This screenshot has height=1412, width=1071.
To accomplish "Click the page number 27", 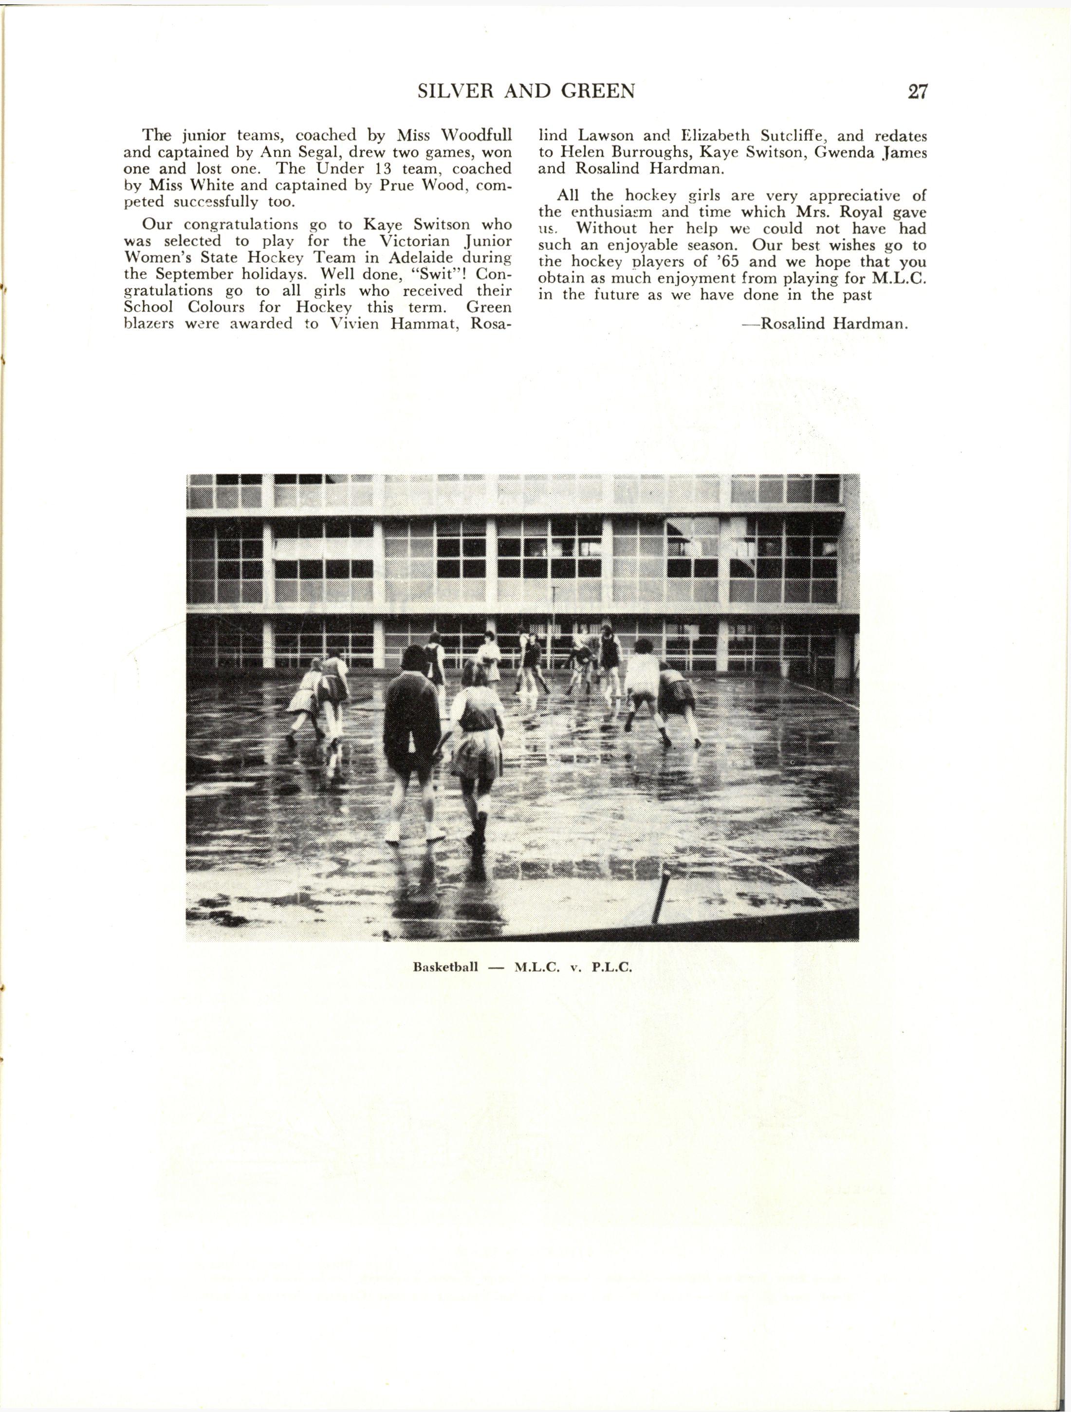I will (x=917, y=91).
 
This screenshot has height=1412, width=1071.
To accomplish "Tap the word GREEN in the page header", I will (x=597, y=91).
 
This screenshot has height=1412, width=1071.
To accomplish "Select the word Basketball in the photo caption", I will (x=445, y=966).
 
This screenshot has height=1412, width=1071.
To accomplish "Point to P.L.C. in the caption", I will (x=611, y=966).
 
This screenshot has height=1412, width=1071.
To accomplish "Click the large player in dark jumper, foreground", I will (x=412, y=721).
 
